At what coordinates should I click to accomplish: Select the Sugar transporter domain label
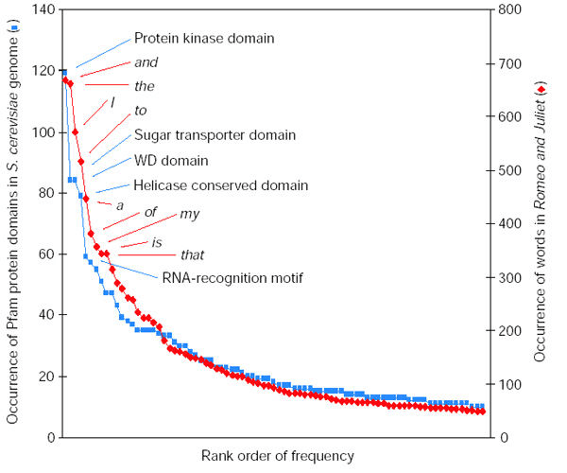(x=215, y=135)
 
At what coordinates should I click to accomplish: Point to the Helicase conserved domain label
(x=221, y=184)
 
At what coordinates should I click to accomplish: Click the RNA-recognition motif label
(x=232, y=277)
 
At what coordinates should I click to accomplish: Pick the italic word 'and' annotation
(x=146, y=62)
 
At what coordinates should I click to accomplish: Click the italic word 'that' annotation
(x=193, y=254)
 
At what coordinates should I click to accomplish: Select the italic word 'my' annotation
(x=190, y=213)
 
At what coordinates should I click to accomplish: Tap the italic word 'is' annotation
(x=157, y=242)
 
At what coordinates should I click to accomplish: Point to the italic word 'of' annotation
(x=149, y=212)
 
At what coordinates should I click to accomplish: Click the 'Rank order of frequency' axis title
(x=278, y=456)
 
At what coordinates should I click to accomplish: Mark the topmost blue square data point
(x=63, y=71)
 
